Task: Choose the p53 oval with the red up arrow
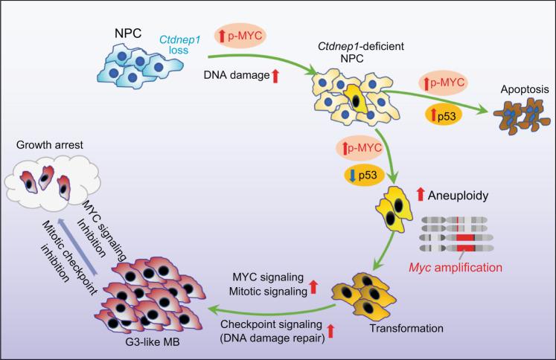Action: (x=444, y=114)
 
